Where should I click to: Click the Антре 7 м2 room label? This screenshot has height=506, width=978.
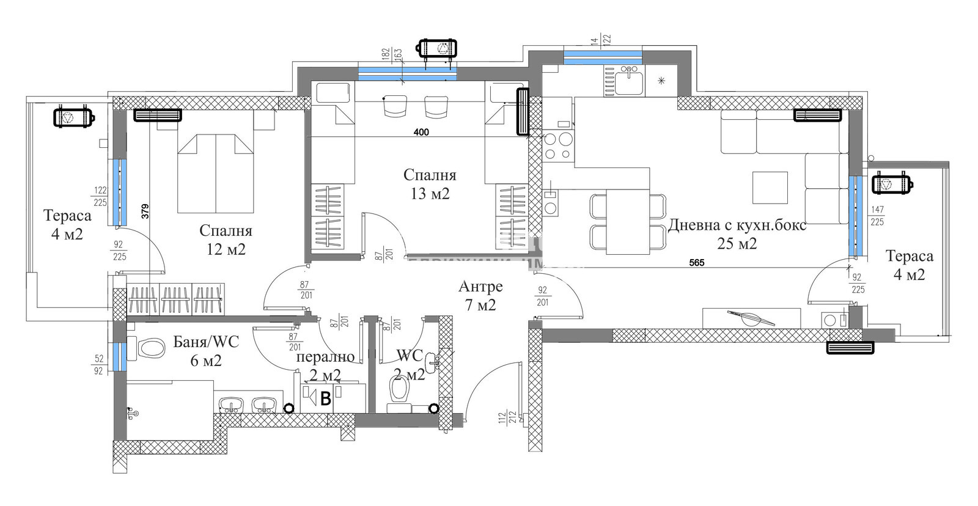[x=480, y=295]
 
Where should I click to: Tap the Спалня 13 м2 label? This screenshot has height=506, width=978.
[x=430, y=184]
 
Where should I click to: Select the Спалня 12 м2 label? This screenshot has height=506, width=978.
[x=226, y=240]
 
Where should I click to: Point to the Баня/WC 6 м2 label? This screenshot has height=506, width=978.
[x=206, y=351]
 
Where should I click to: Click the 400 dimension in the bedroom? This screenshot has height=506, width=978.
[x=421, y=132]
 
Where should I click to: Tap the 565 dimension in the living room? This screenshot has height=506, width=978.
[x=696, y=263]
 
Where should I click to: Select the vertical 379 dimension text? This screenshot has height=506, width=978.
[x=145, y=211]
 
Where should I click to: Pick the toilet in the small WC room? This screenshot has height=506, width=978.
[x=399, y=389]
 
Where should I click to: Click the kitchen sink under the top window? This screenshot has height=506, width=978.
[x=628, y=81]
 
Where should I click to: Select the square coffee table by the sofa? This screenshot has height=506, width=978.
[x=770, y=187]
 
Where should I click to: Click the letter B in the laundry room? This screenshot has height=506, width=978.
[x=326, y=399]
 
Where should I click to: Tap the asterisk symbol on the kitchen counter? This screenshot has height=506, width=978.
[x=661, y=81]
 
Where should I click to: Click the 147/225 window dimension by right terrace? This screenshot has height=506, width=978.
[x=877, y=216]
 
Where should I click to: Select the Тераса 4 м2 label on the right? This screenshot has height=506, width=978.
[x=909, y=265]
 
